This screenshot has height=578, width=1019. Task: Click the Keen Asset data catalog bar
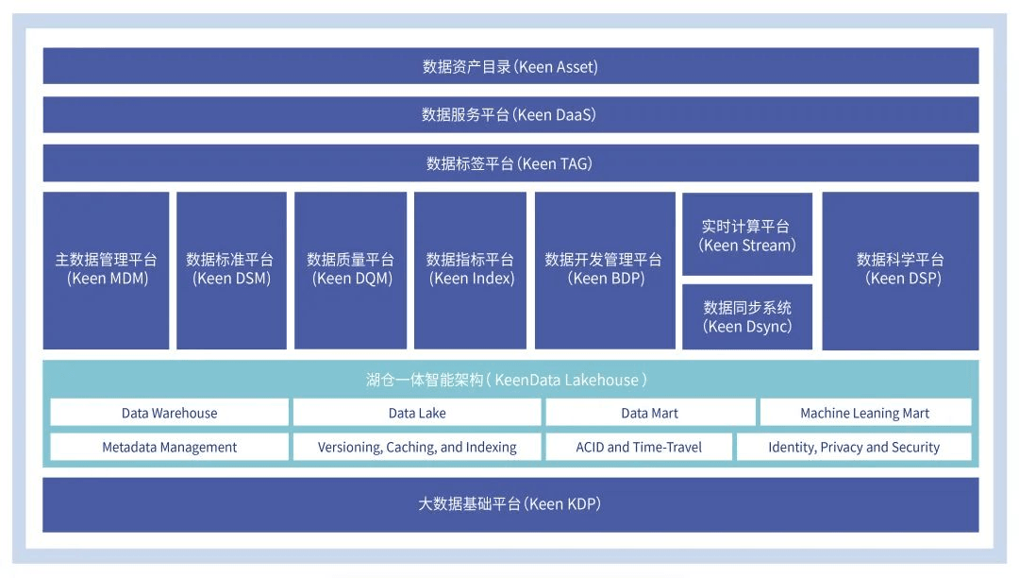(x=510, y=67)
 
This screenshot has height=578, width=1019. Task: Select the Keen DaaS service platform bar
(x=510, y=115)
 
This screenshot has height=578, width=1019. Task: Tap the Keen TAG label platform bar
(x=510, y=163)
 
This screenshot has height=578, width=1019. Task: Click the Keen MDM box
(x=107, y=270)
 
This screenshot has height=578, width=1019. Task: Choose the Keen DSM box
(x=231, y=270)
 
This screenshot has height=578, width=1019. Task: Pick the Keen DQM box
(x=351, y=270)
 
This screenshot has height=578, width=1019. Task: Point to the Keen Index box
(x=471, y=270)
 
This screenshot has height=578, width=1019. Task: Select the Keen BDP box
(x=605, y=270)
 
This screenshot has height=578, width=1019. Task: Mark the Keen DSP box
(x=900, y=270)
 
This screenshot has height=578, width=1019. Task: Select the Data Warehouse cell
(x=170, y=413)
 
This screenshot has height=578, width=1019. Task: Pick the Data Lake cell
(x=417, y=413)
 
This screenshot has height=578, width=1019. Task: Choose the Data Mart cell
(x=650, y=413)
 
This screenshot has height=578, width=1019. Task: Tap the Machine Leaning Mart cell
(x=865, y=413)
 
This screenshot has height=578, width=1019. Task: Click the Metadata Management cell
(x=170, y=447)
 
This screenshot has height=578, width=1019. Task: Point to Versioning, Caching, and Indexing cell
(x=417, y=447)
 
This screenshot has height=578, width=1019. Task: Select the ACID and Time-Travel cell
(x=639, y=447)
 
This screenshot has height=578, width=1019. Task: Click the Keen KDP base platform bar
(x=510, y=504)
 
